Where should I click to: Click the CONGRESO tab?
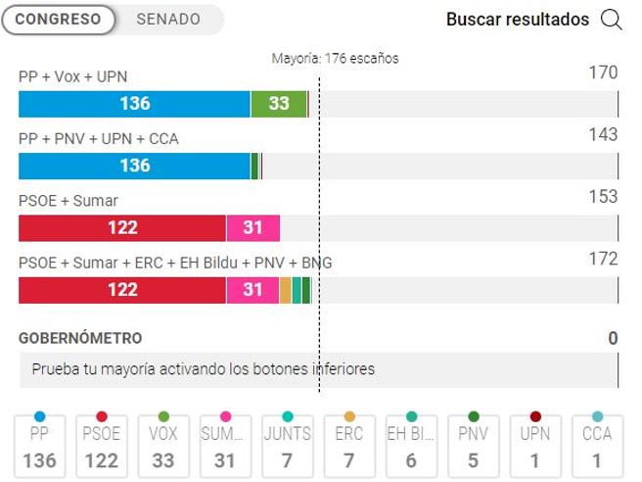tap(58, 20)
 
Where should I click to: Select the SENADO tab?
tap(168, 20)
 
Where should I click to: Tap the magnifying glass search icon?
tap(612, 20)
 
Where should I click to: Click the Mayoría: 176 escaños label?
tap(335, 59)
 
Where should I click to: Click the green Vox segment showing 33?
tap(279, 104)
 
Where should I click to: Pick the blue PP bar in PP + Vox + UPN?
tap(134, 104)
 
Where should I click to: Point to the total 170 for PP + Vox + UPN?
tap(603, 72)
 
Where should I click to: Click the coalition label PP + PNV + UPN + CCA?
tap(99, 139)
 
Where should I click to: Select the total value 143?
tap(603, 134)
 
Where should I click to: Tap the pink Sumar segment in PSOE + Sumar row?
tap(252, 228)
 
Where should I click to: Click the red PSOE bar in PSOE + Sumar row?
tap(122, 228)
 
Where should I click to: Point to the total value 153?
tap(603, 197)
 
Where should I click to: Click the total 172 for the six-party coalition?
tap(603, 259)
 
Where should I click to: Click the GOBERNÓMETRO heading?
tap(80, 338)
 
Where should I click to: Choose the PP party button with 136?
tap(39, 446)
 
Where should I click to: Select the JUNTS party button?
tap(287, 446)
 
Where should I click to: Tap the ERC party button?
tap(349, 446)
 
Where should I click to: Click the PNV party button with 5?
tap(473, 446)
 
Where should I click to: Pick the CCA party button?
tap(597, 446)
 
